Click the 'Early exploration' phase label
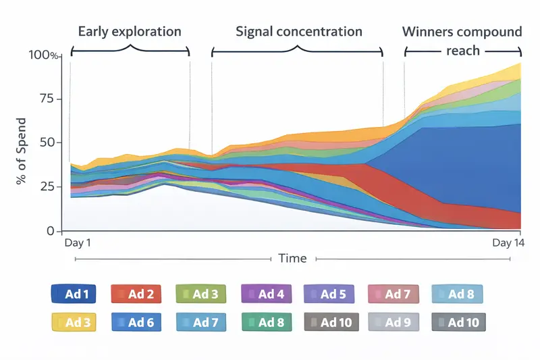pyautogui.click(x=130, y=32)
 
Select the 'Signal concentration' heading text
pyautogui.click(x=299, y=32)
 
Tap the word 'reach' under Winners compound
pyautogui.click(x=462, y=51)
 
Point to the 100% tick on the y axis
pyautogui.click(x=45, y=55)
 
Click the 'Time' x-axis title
pyautogui.click(x=292, y=259)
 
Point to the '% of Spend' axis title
pyautogui.click(x=22, y=143)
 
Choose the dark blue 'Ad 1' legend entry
pyautogui.click(x=73, y=294)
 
